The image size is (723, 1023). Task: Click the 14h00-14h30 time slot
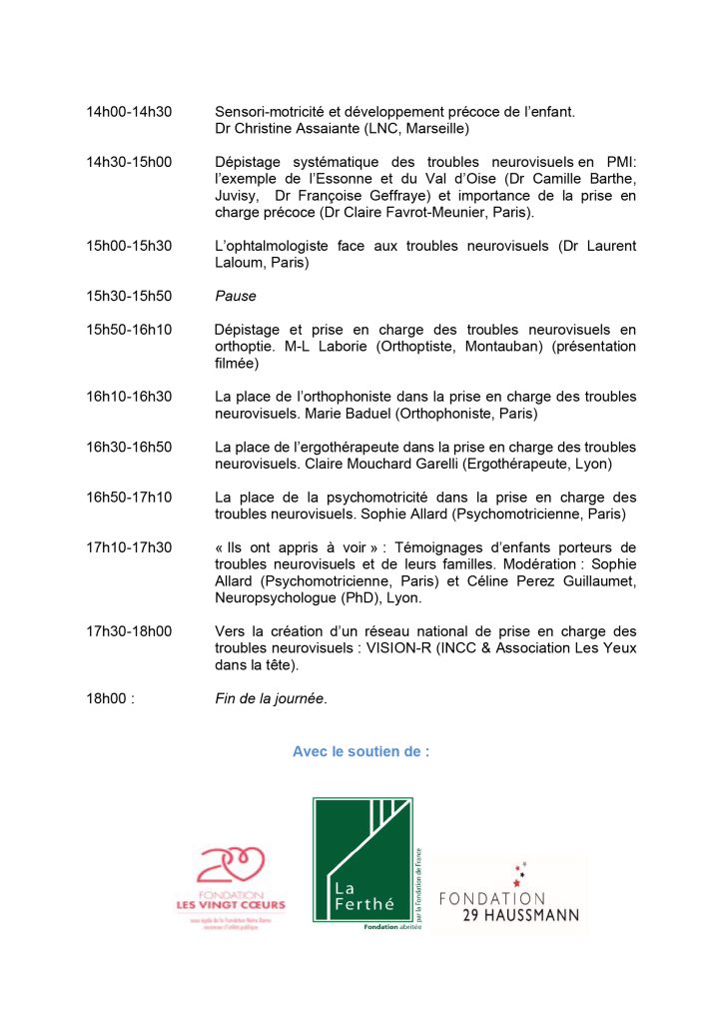tap(129, 111)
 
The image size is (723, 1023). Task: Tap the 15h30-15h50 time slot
tap(129, 296)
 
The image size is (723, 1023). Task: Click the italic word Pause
tap(235, 296)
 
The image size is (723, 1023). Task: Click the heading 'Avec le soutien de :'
tap(361, 751)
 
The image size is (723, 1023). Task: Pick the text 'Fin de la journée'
tap(271, 698)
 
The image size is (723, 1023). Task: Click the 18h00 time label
tap(110, 698)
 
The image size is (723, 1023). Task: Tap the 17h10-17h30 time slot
tap(129, 547)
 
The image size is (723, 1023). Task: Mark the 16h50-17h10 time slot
tap(129, 498)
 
